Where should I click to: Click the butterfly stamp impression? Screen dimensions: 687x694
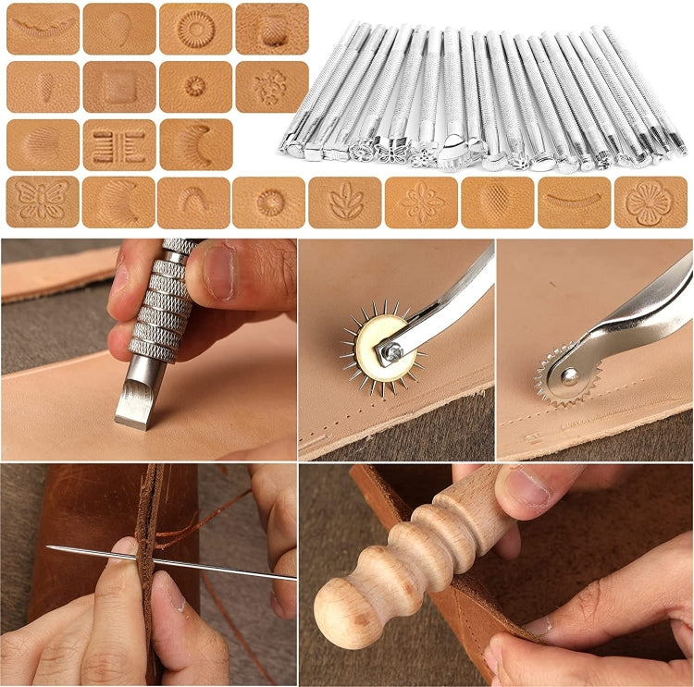43,201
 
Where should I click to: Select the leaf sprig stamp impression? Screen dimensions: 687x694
345,201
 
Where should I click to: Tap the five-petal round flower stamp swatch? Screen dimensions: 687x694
651,201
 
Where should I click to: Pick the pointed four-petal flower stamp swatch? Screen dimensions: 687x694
421,201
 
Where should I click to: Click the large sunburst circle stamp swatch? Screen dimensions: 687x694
195,29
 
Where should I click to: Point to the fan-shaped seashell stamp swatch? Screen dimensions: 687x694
43,143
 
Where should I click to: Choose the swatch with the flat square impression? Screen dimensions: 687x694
119,87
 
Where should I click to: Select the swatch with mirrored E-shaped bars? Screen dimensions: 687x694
119,145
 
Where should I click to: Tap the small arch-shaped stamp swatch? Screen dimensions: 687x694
194,201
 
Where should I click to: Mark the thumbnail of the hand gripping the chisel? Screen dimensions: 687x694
217,274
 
